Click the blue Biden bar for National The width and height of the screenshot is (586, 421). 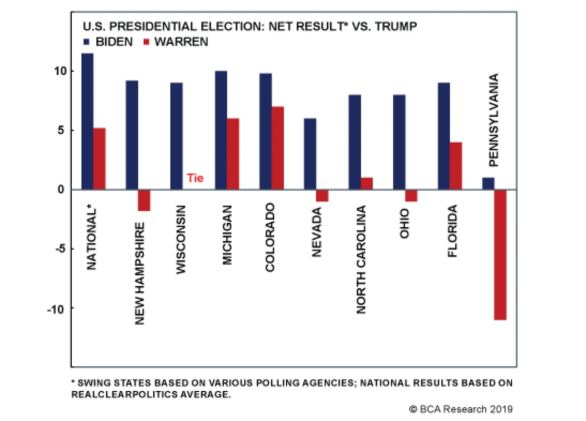tap(87, 121)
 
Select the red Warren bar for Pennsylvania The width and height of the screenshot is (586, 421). tap(500, 254)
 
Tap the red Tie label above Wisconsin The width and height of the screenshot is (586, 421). tap(195, 178)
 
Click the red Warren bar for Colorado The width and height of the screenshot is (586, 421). tap(278, 148)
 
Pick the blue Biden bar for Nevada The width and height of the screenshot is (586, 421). tap(310, 154)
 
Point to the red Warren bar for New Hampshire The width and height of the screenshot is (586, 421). tap(144, 200)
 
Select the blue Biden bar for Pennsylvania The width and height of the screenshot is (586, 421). tap(488, 183)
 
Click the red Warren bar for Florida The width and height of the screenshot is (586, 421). tap(456, 165)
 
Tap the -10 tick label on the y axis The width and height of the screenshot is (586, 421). tap(56, 310)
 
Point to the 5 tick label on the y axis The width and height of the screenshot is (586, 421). tap(60, 130)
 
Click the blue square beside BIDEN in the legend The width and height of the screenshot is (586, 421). tap(86, 42)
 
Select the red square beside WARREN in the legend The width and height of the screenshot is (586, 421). tap(146, 42)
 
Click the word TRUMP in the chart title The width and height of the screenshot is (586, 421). tap(396, 27)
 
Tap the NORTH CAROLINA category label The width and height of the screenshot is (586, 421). tap(361, 259)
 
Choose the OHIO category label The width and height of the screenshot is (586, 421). tap(404, 223)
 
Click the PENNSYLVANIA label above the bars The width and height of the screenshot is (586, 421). tap(494, 120)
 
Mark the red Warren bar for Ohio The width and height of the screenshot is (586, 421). tap(411, 195)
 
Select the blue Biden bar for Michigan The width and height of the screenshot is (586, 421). tap(221, 130)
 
